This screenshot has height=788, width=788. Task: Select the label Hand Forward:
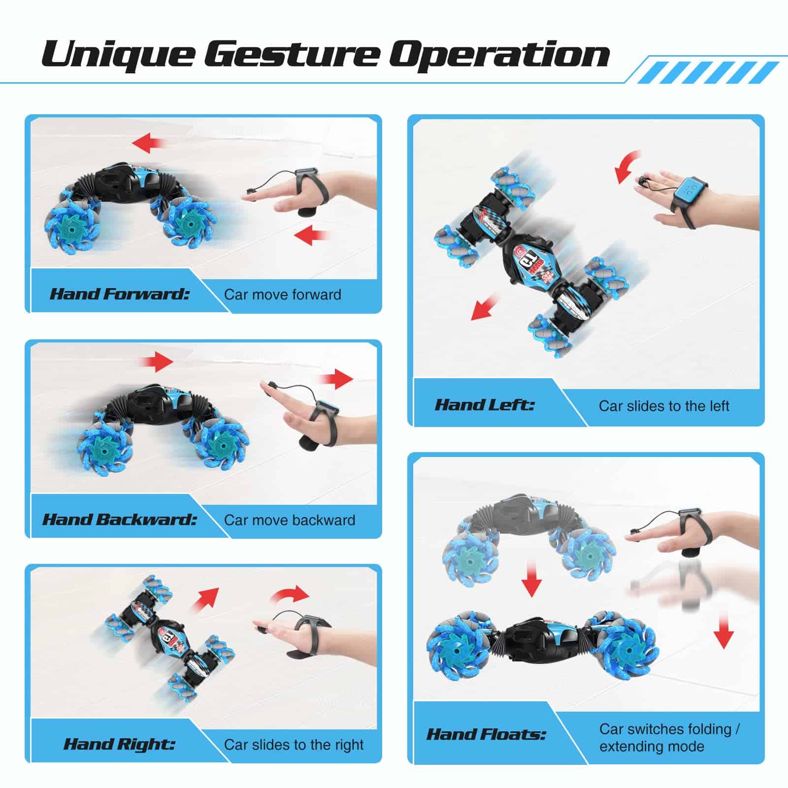click(120, 294)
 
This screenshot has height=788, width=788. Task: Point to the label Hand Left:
click(485, 405)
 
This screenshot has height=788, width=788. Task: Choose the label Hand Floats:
click(486, 734)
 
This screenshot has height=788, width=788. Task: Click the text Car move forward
click(283, 295)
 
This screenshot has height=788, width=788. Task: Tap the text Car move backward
click(290, 520)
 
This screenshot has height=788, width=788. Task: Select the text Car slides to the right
click(294, 744)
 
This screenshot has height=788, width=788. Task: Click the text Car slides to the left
click(664, 406)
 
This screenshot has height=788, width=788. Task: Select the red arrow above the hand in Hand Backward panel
click(336, 378)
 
